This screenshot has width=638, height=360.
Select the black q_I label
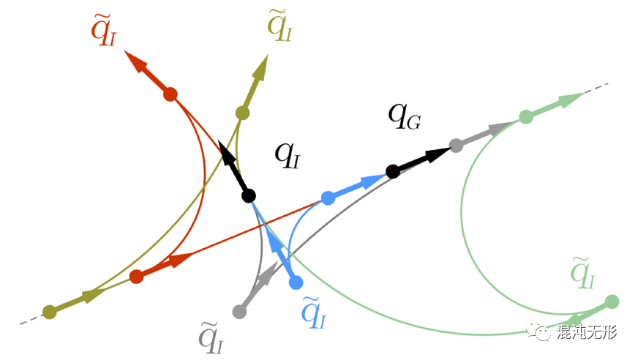[x=287, y=155]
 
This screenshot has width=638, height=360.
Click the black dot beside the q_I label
[x=248, y=195]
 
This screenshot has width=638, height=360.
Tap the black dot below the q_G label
[x=392, y=171]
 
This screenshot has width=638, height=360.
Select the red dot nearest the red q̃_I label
[x=170, y=94]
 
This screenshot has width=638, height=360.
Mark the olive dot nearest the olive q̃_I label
[x=242, y=113]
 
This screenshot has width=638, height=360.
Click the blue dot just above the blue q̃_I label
[x=296, y=282]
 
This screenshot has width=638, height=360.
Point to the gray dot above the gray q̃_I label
[x=239, y=311]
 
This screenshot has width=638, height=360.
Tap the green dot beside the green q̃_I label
[x=612, y=301]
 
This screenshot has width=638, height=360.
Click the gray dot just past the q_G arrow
[x=456, y=146]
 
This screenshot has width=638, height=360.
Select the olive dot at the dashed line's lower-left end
[x=49, y=312]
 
